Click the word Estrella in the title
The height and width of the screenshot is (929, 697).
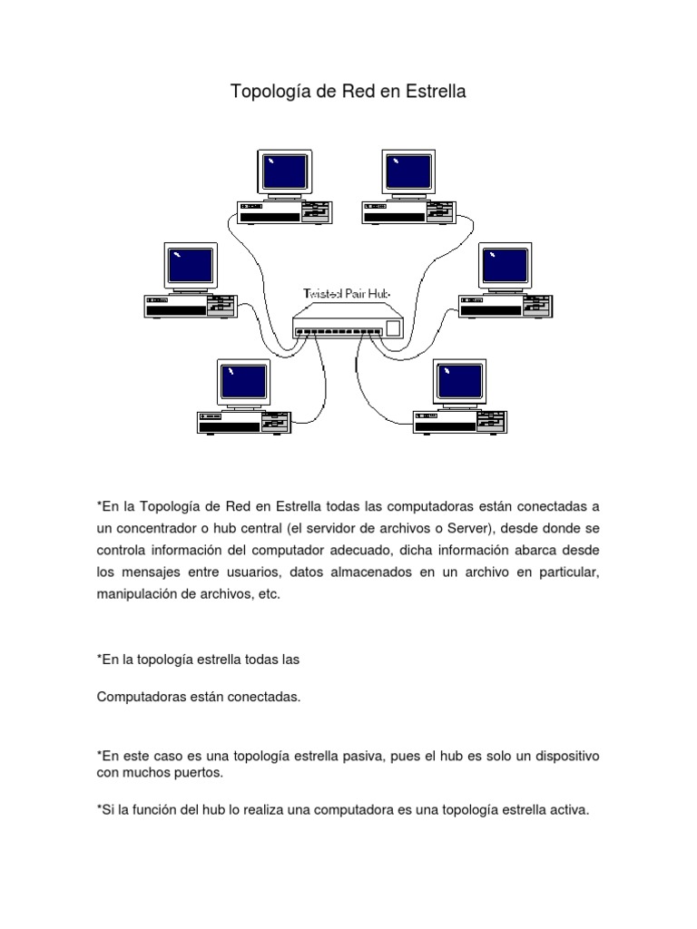click(435, 92)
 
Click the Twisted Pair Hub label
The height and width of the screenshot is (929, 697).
click(346, 294)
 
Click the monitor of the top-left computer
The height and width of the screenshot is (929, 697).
click(282, 171)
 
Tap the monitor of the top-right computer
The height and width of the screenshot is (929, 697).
click(409, 171)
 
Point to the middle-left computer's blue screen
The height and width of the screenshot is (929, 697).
click(191, 266)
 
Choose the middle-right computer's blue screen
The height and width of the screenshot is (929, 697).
click(506, 266)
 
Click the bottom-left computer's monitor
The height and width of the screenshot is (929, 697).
click(244, 382)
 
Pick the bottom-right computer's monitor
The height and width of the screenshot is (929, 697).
click(460, 382)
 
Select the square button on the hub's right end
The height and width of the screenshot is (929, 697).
click(393, 328)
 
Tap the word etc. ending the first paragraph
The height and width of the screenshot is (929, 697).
click(270, 594)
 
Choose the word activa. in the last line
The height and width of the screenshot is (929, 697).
click(568, 810)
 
